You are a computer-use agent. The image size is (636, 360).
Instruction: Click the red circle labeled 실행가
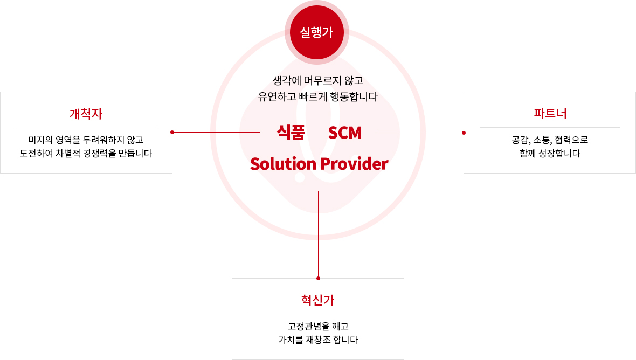(317, 32)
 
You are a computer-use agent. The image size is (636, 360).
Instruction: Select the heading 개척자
(86, 114)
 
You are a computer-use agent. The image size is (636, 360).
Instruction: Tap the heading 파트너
(550, 114)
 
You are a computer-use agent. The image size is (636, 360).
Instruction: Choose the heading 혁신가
(318, 300)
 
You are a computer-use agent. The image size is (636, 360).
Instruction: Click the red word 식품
(291, 133)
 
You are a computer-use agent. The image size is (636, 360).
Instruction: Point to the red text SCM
(345, 133)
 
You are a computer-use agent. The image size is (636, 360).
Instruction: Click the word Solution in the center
(283, 164)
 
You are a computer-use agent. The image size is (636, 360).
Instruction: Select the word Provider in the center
(354, 164)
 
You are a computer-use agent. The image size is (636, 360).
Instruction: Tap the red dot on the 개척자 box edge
(172, 132)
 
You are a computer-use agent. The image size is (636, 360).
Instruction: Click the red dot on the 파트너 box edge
(464, 133)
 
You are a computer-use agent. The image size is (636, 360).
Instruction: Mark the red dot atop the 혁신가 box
(319, 279)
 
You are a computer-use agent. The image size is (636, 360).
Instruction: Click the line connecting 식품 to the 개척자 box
(216, 132)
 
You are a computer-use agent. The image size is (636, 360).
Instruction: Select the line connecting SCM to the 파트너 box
(421, 133)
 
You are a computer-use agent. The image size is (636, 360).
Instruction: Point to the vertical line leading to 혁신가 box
(319, 235)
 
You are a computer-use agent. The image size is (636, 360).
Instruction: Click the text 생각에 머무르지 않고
(318, 81)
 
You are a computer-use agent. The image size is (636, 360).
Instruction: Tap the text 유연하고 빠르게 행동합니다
(318, 97)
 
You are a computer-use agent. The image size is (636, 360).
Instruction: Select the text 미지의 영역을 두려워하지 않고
(86, 140)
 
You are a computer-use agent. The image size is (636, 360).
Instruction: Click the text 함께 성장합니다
(550, 153)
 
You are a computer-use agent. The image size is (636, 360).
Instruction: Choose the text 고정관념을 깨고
(318, 327)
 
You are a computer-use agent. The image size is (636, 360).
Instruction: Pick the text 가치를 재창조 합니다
(318, 340)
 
